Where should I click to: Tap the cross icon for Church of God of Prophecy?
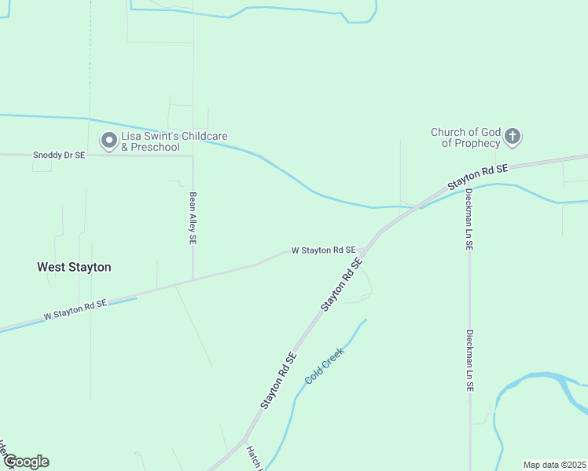coord(512,137)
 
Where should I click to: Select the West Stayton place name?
coord(74,267)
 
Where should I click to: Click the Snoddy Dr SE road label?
coord(58,155)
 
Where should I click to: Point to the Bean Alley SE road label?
coord(193,218)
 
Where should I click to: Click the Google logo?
coord(25,462)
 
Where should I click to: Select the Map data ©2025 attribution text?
coord(554,464)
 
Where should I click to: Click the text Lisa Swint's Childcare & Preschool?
coord(174,141)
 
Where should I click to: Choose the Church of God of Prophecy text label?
coord(465,137)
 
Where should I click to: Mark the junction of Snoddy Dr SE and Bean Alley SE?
coord(193,155)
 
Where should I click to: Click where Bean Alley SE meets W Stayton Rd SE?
coord(193,279)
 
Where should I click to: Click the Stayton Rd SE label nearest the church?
coord(478,177)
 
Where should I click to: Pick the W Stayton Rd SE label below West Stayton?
coord(75,310)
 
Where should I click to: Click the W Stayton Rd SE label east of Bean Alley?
coord(323,250)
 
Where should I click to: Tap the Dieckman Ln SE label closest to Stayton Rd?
coord(469,219)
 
